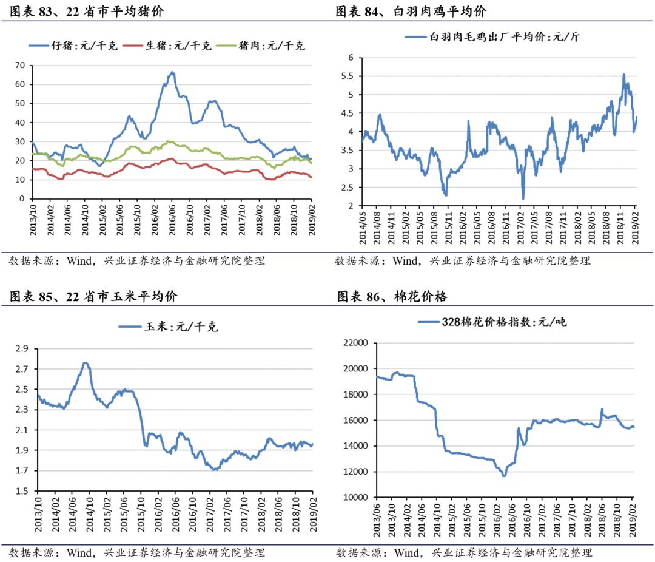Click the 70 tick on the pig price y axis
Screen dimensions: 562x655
(x=20, y=65)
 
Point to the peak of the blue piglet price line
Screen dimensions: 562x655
(x=172, y=72)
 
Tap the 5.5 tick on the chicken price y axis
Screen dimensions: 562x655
(x=347, y=76)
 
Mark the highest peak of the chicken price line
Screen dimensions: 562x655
(x=623, y=75)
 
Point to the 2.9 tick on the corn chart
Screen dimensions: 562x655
(x=22, y=348)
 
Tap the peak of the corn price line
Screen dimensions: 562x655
(x=86, y=363)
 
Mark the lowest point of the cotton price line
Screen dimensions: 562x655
(x=504, y=475)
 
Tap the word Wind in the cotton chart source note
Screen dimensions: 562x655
(x=407, y=552)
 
